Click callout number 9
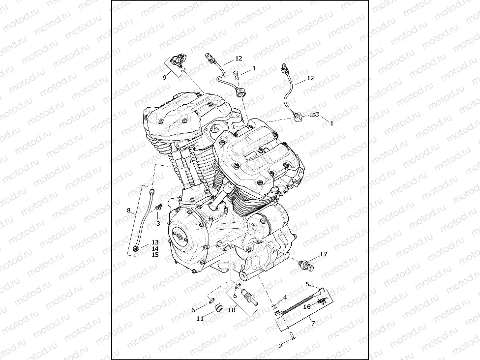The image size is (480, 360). pyautogui.click(x=165, y=77)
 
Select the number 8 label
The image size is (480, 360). pyautogui.click(x=129, y=210)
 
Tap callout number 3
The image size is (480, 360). pyautogui.click(x=158, y=224)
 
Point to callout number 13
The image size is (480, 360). pyautogui.click(x=155, y=242)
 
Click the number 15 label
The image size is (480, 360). pyautogui.click(x=155, y=255)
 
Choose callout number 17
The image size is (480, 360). pyautogui.click(x=323, y=254)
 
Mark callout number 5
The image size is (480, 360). pyautogui.click(x=307, y=284)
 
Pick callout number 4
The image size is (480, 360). pyautogui.click(x=285, y=298)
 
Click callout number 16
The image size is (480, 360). pyautogui.click(x=307, y=306)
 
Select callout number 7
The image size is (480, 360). pyautogui.click(x=313, y=323)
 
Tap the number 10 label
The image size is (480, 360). pyautogui.click(x=231, y=310)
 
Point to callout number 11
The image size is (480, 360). pyautogui.click(x=200, y=319)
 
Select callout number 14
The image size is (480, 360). pyautogui.click(x=155, y=249)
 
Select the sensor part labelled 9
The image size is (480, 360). pyautogui.click(x=178, y=61)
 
